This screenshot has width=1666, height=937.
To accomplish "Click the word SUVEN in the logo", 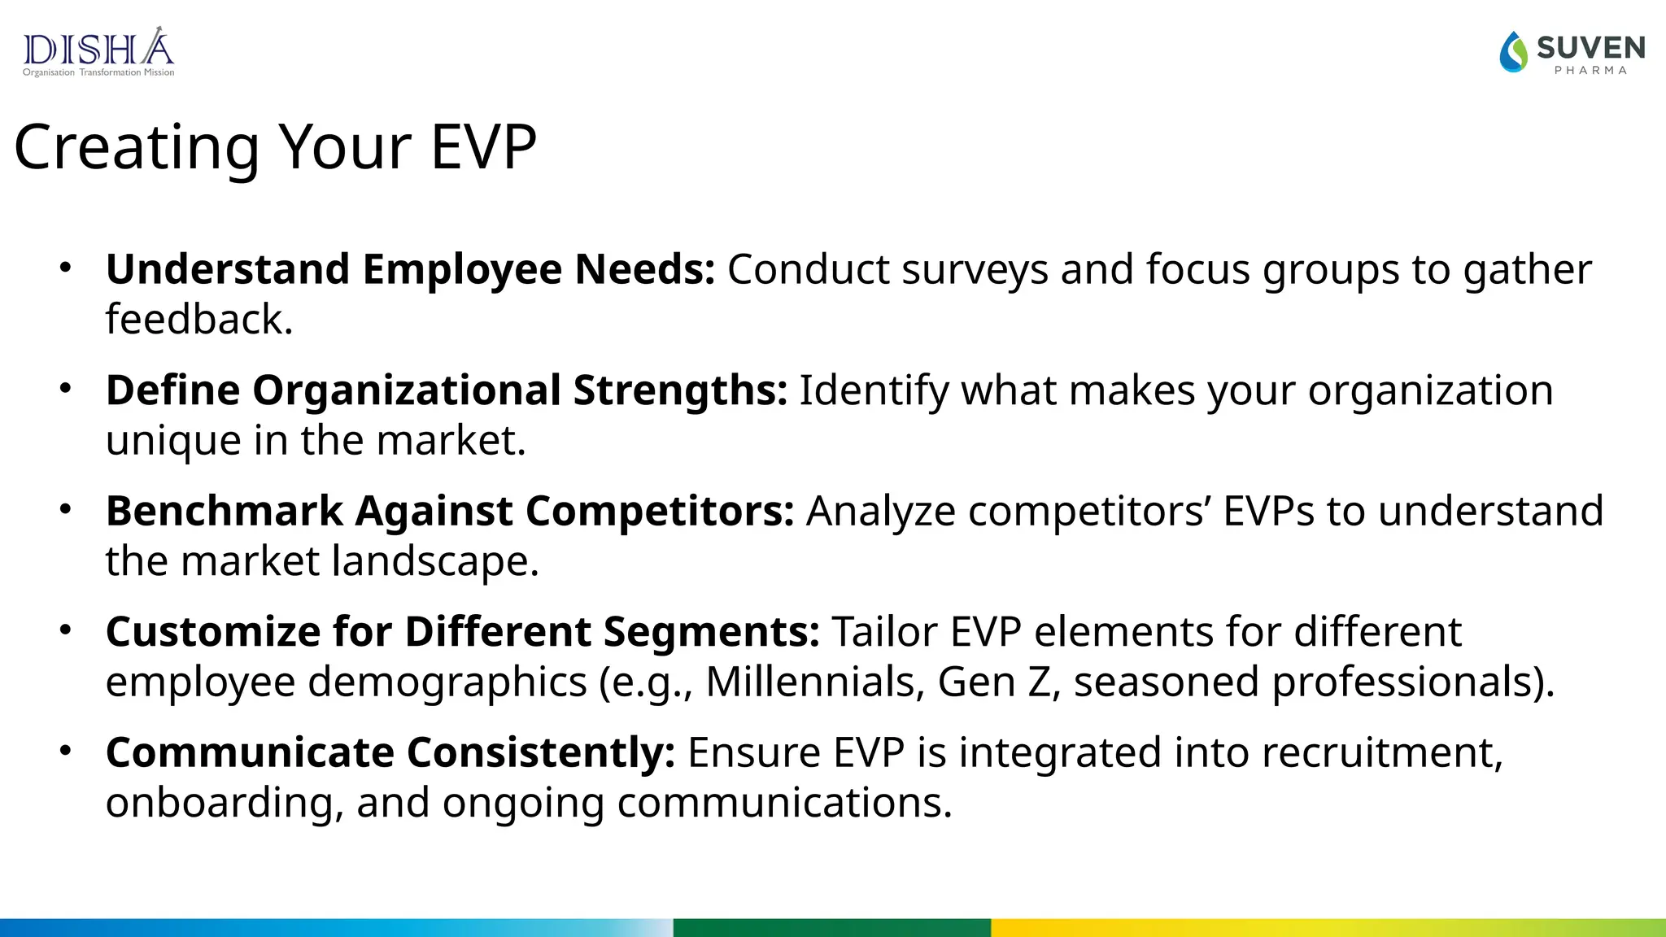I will tap(1590, 48).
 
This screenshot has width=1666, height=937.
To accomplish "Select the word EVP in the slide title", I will tap(483, 147).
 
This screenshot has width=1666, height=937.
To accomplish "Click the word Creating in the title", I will tap(137, 147).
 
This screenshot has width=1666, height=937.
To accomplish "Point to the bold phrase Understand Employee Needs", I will tap(410, 269).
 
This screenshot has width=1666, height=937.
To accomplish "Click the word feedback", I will tap(198, 319).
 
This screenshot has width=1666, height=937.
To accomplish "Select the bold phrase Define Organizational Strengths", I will tap(446, 390).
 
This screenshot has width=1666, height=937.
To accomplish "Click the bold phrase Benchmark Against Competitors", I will tap(449, 511).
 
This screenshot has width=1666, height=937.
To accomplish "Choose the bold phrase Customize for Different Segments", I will tap(462, 632).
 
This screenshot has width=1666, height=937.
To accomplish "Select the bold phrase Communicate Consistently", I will tap(390, 752).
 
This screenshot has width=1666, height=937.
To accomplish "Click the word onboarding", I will tap(219, 803).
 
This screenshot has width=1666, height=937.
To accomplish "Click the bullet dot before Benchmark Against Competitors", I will tap(66, 509).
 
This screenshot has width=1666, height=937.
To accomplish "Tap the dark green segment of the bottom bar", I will tap(831, 927).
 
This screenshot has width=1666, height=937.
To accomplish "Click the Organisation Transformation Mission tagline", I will tap(98, 72).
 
